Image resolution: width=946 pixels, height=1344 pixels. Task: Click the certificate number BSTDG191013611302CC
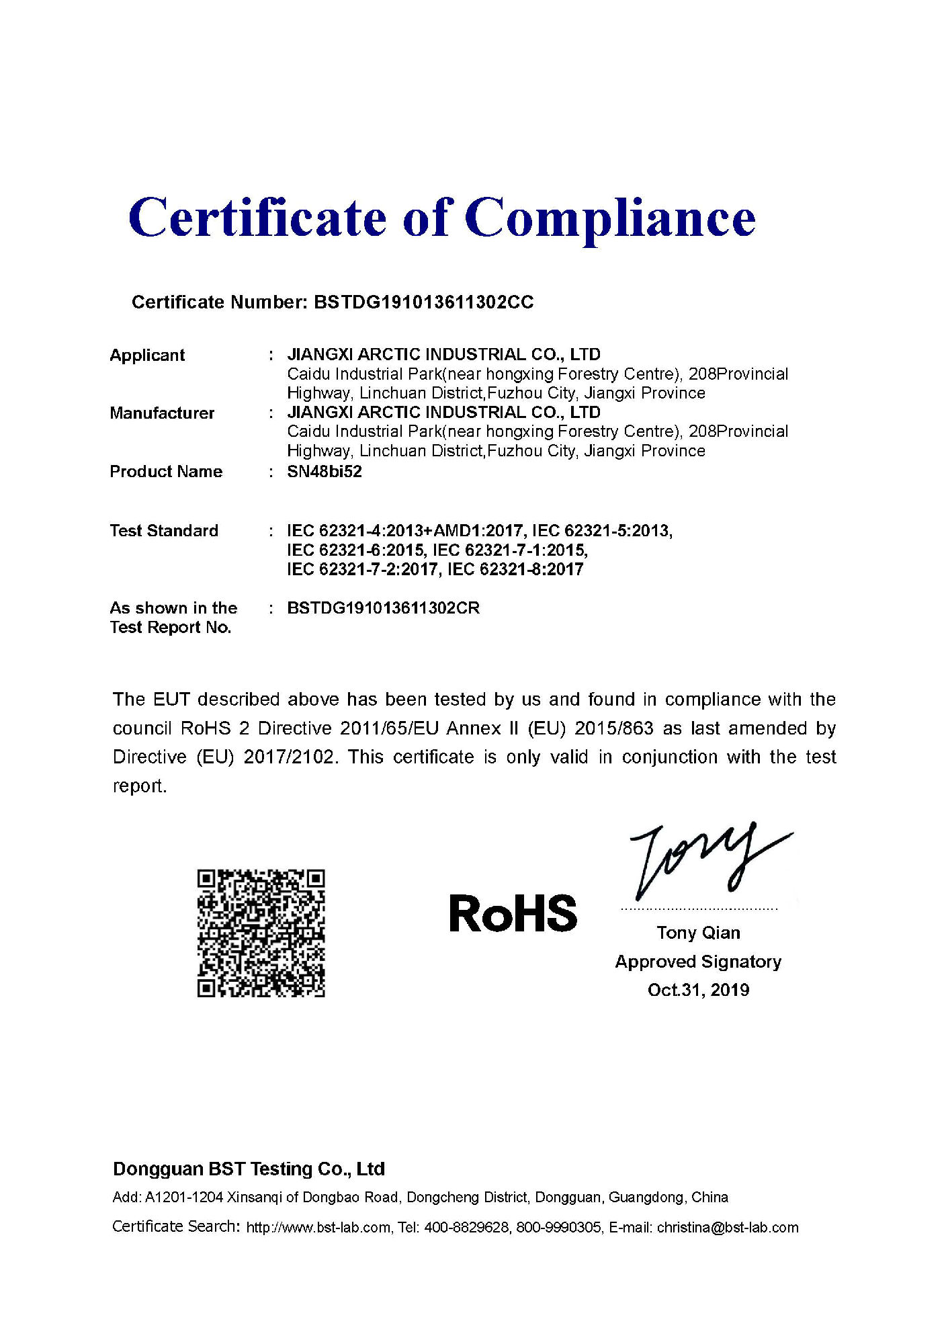pyautogui.click(x=423, y=302)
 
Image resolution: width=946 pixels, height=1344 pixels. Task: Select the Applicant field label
pyautogui.click(x=147, y=355)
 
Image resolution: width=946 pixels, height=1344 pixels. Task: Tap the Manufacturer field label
pyautogui.click(x=162, y=413)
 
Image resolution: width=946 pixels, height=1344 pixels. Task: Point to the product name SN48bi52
pyautogui.click(x=325, y=472)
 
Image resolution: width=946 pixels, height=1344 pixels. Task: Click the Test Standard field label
pyautogui.click(x=164, y=531)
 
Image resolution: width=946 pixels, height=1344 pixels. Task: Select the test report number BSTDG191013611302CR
pyautogui.click(x=383, y=608)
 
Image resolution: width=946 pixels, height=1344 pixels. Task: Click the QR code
pyautogui.click(x=261, y=933)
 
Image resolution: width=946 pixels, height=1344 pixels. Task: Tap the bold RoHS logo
pyautogui.click(x=513, y=914)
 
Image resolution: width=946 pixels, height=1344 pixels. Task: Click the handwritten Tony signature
pyautogui.click(x=705, y=860)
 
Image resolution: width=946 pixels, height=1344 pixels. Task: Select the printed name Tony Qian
pyautogui.click(x=698, y=933)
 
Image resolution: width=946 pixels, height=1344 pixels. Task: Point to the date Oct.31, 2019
pyautogui.click(x=698, y=990)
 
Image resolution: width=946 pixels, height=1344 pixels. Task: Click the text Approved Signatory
pyautogui.click(x=698, y=962)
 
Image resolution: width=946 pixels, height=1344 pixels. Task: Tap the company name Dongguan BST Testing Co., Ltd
pyautogui.click(x=249, y=1169)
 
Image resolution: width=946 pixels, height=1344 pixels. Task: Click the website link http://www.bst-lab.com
pyautogui.click(x=318, y=1228)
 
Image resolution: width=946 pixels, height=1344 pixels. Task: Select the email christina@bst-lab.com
pyautogui.click(x=728, y=1228)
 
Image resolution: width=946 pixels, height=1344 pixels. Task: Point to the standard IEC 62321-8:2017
pyautogui.click(x=515, y=570)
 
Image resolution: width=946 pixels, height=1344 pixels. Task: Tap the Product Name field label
pyautogui.click(x=166, y=472)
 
